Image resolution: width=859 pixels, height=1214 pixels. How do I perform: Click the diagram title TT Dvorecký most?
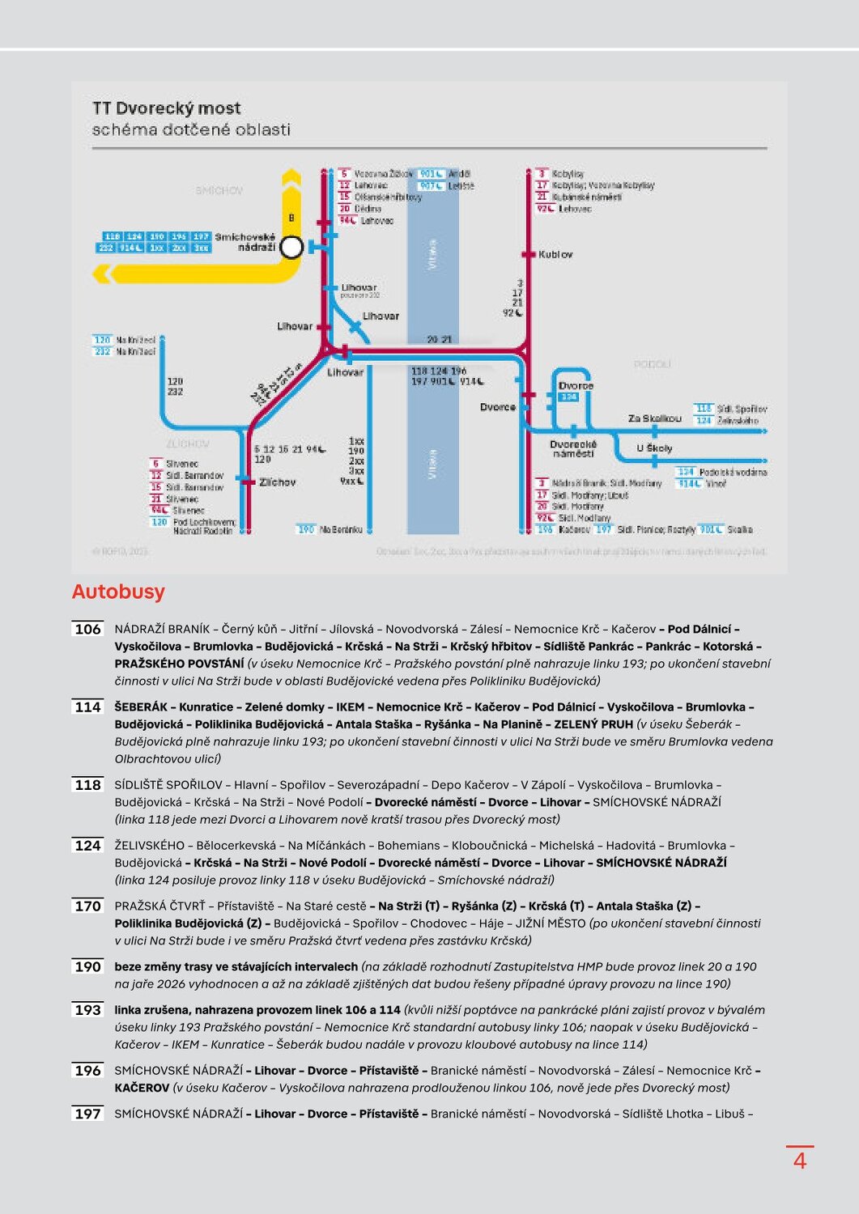166,108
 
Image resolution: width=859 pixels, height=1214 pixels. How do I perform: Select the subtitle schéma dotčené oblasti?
190,129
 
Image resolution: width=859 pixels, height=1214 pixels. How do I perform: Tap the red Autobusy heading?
118,592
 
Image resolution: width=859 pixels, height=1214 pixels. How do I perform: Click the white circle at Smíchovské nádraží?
291,247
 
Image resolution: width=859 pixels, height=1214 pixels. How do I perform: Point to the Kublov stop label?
555,254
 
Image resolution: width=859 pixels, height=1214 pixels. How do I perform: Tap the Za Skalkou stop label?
654,418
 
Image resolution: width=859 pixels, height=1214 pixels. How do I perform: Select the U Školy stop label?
654,448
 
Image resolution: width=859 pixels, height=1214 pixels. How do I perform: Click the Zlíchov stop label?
278,482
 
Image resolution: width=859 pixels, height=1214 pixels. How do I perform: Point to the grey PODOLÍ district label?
652,364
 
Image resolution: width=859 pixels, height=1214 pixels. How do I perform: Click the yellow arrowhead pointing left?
101,274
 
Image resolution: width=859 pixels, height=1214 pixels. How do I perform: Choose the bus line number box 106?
87,629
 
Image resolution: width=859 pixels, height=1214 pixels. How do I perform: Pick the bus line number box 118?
87,785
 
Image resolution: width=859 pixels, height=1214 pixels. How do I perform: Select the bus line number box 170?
87,906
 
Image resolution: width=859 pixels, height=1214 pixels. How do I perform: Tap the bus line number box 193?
87,1010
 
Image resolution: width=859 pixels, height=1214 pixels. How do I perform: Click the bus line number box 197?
87,1114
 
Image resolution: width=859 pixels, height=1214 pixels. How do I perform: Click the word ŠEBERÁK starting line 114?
141,707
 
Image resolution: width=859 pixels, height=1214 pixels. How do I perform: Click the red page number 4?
799,1161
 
